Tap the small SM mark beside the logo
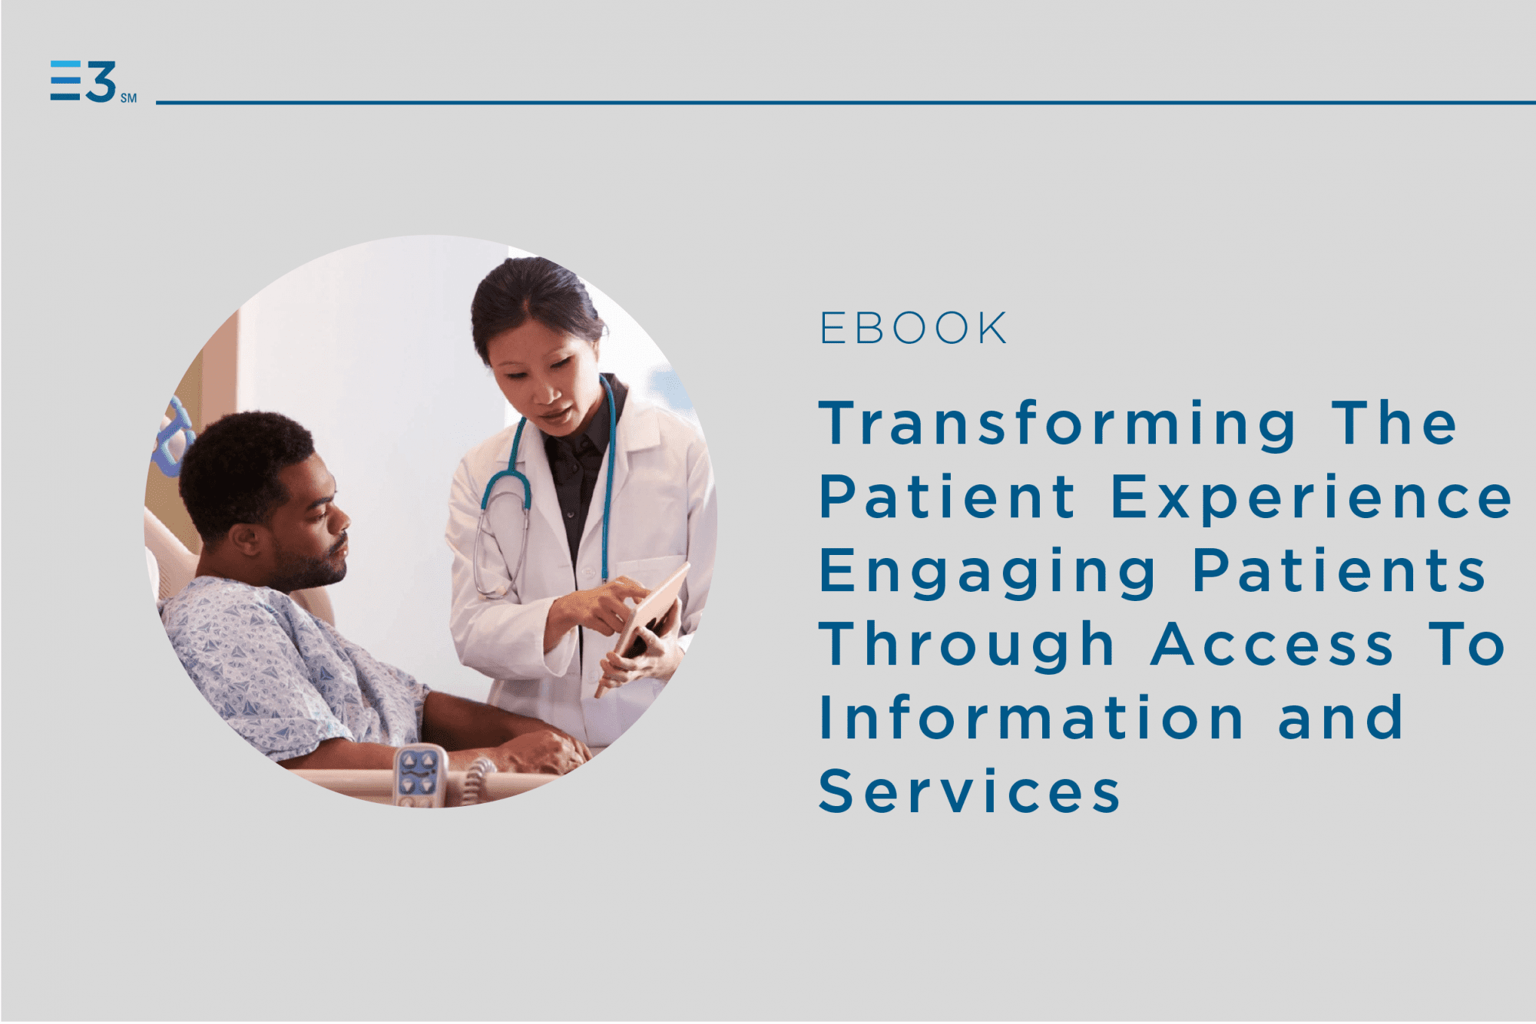(129, 98)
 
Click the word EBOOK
(913, 329)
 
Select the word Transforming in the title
(1058, 424)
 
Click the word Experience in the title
(1312, 498)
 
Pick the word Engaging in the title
(988, 573)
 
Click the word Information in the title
(1031, 718)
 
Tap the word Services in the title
(969, 791)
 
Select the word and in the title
(1341, 718)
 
